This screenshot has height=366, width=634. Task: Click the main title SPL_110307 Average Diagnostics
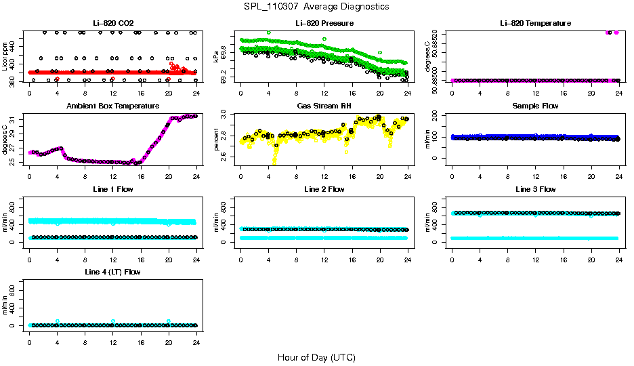point(317,6)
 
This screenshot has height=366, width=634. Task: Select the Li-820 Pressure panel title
point(324,24)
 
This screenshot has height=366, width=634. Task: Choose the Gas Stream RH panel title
point(324,106)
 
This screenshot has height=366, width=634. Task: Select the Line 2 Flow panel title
point(324,189)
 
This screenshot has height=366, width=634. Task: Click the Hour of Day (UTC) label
point(316,357)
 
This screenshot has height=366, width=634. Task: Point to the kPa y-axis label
point(216,56)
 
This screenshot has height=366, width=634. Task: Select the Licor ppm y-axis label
point(5,56)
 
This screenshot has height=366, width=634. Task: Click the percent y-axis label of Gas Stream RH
point(216,139)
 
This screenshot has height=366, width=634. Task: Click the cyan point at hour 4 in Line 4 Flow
point(58,321)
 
